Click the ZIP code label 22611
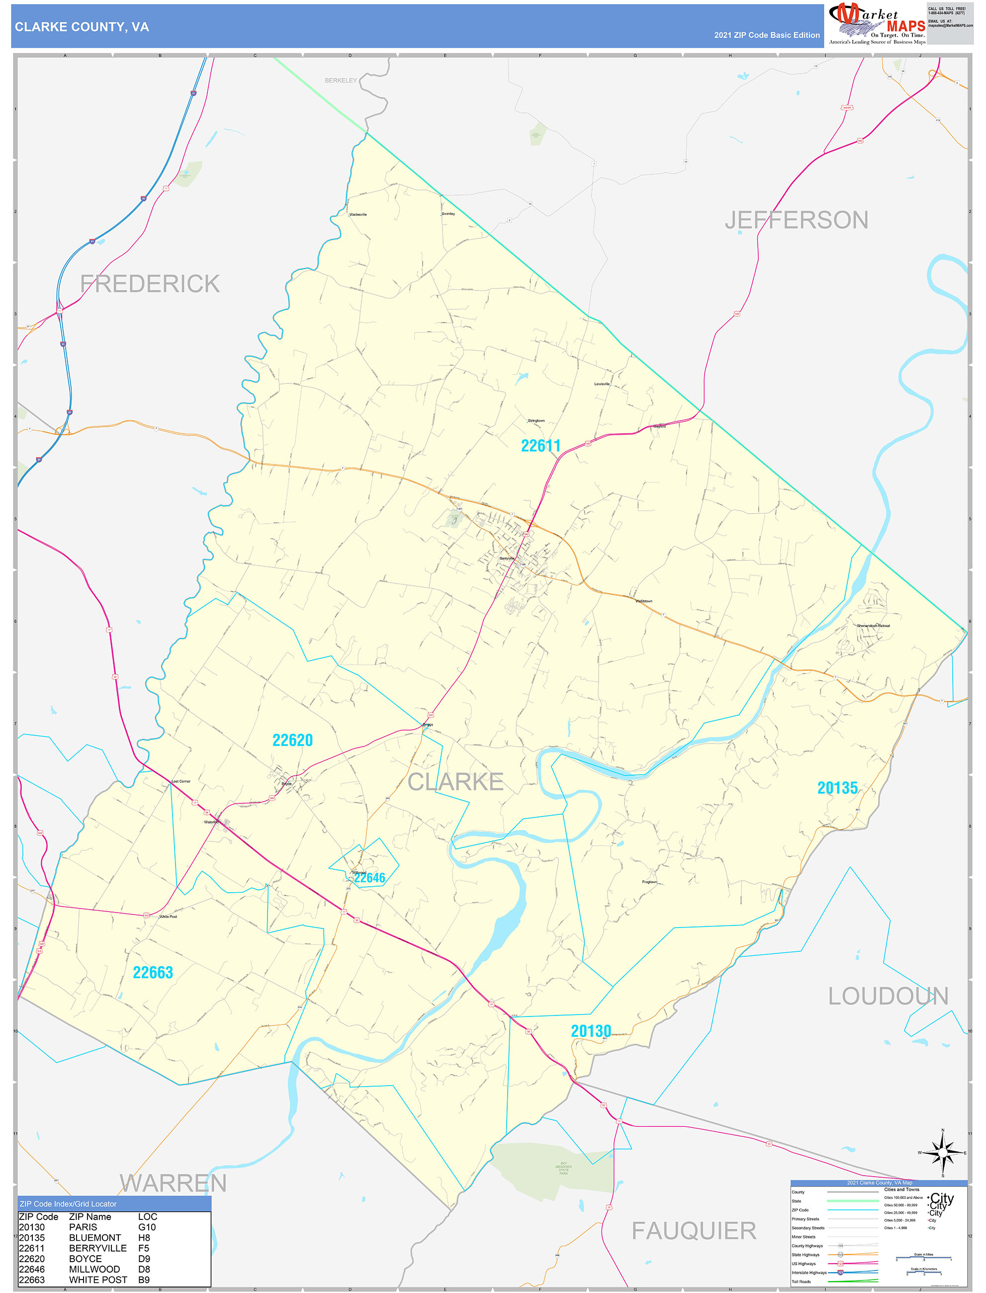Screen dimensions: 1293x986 pos(540,446)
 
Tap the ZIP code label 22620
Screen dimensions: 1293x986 pos(292,740)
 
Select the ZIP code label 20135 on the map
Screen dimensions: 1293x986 pos(837,788)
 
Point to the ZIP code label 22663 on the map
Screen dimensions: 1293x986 pos(153,973)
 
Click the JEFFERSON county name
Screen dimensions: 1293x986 pos(796,220)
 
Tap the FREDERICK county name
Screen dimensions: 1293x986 pos(150,283)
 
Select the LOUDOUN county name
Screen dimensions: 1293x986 pos(888,996)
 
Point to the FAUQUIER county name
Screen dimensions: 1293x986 pos(694,1231)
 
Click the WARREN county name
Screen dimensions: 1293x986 pos(173,1183)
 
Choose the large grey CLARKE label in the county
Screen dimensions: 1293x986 pos(455,782)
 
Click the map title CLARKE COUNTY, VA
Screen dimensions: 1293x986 pos(82,27)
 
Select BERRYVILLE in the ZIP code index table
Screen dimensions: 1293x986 pos(97,1248)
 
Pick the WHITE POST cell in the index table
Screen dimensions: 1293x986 pos(98,1280)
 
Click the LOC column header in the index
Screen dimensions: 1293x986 pos(147,1217)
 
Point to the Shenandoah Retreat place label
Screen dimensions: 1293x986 pos(873,626)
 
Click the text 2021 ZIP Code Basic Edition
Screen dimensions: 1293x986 pos(767,35)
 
